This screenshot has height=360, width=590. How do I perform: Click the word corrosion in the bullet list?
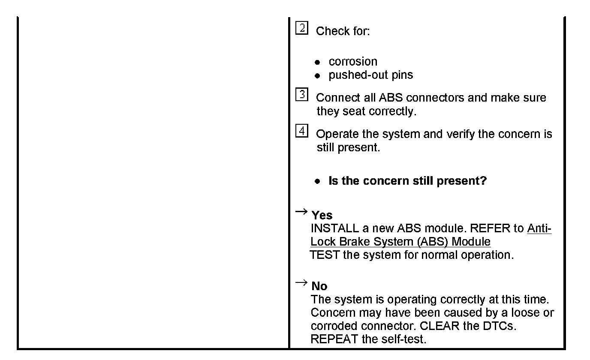point(352,61)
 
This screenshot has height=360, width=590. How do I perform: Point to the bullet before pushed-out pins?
point(317,76)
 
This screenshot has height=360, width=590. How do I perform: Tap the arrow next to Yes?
point(301,211)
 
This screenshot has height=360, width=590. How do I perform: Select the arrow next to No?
point(301,282)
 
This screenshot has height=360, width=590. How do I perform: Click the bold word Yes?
point(322,215)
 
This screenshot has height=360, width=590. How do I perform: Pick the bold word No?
point(319,286)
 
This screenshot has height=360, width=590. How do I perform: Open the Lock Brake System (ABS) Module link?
point(400,242)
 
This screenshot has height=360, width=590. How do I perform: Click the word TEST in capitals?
point(325,255)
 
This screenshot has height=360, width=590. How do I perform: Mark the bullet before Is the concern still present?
point(317,181)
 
